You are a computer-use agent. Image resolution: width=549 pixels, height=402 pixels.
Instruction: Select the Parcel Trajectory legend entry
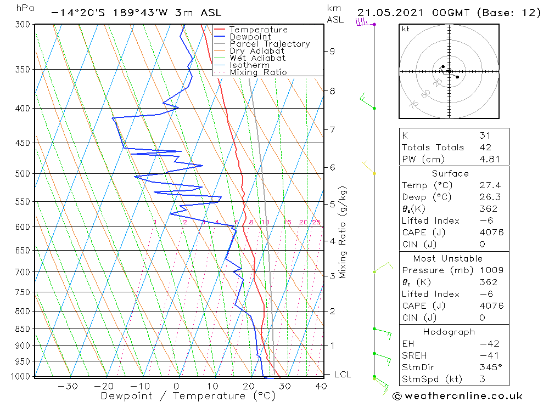pyautogui.click(x=270, y=44)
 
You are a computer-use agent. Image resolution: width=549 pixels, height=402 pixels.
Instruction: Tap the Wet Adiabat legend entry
pyautogui.click(x=257, y=58)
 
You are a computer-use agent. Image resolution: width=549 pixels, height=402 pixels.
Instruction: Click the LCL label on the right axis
pyautogui.click(x=342, y=375)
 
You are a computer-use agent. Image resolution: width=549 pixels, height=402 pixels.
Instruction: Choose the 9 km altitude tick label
pyautogui.click(x=332, y=51)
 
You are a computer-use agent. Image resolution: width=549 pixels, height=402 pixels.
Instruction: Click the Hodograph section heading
pyautogui.click(x=450, y=332)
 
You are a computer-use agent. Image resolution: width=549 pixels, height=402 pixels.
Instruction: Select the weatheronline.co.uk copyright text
pyautogui.click(x=457, y=396)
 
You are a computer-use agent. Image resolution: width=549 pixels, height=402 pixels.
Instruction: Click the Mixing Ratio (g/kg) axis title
pyautogui.click(x=343, y=232)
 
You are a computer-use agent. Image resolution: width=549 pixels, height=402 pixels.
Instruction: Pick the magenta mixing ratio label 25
pyautogui.click(x=316, y=222)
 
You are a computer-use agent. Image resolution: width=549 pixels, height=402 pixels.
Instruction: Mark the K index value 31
pyautogui.click(x=485, y=135)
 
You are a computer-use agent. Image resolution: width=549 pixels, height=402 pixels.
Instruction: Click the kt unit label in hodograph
pyautogui.click(x=406, y=29)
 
